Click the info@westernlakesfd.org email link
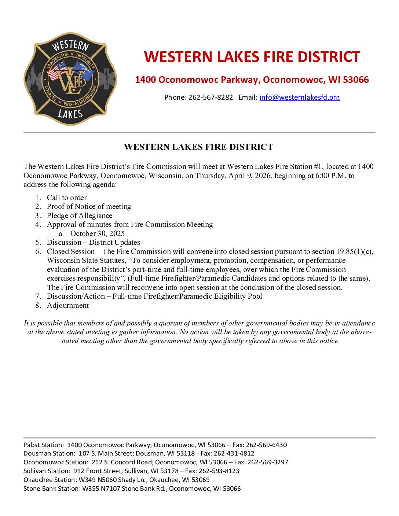click(x=299, y=97)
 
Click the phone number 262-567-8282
click(x=211, y=97)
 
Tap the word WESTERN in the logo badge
click(x=70, y=47)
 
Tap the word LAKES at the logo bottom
click(x=70, y=114)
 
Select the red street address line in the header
click(x=252, y=80)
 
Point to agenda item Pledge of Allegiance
click(x=80, y=215)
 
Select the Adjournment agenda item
click(x=68, y=305)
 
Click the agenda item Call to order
click(x=67, y=198)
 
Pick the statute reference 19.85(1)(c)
click(x=354, y=251)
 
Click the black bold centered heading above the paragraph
click(x=198, y=147)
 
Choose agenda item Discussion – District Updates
click(x=93, y=242)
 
